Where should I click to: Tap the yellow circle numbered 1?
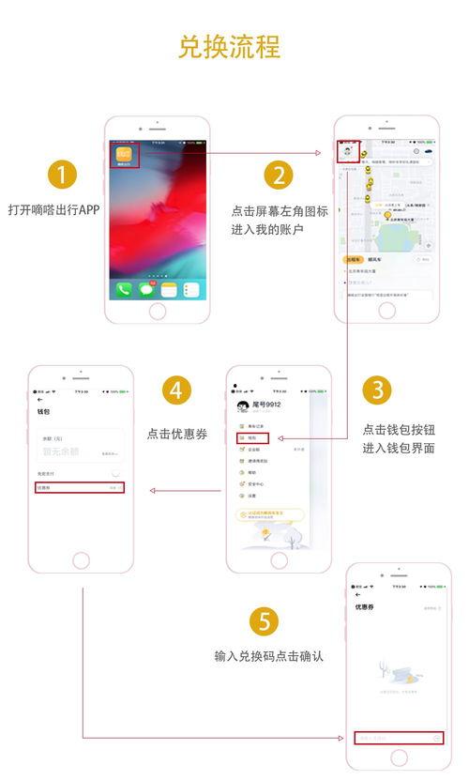(62, 176)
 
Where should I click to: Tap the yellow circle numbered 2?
(278, 176)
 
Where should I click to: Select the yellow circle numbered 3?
(375, 390)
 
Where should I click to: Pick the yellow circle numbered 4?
(178, 390)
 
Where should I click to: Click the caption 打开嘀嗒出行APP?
(53, 209)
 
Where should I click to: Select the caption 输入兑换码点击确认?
(269, 656)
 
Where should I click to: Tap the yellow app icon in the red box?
(126, 155)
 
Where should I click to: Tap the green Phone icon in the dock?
(124, 289)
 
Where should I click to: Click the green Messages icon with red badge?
(146, 289)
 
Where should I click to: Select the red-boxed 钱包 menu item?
(253, 437)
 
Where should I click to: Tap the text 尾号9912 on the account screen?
(266, 405)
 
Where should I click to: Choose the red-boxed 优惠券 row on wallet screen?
(81, 488)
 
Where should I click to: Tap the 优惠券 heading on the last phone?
(366, 607)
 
